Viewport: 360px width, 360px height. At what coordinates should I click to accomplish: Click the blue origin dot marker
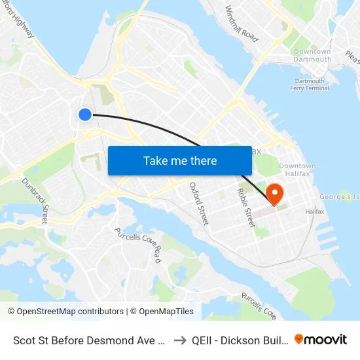pyautogui.click(x=85, y=115)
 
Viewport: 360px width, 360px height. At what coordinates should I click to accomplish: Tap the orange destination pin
pyautogui.click(x=274, y=194)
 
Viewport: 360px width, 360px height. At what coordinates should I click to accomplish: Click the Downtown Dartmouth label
pyautogui.click(x=312, y=56)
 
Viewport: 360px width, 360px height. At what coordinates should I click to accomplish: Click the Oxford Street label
pyautogui.click(x=198, y=204)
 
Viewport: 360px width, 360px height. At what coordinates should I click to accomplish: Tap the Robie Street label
pyautogui.click(x=246, y=207)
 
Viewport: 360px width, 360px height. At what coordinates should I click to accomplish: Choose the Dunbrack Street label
pyautogui.click(x=35, y=200)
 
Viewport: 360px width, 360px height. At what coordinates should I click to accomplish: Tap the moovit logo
pyautogui.click(x=321, y=339)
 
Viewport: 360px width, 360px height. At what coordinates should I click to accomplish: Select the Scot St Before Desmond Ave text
pyautogui.click(x=87, y=340)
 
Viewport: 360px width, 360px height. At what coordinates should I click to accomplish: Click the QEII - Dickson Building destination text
pyautogui.click(x=238, y=340)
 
